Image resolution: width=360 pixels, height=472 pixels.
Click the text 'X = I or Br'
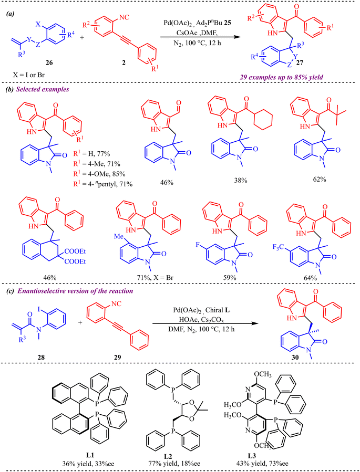(x=26, y=75)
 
